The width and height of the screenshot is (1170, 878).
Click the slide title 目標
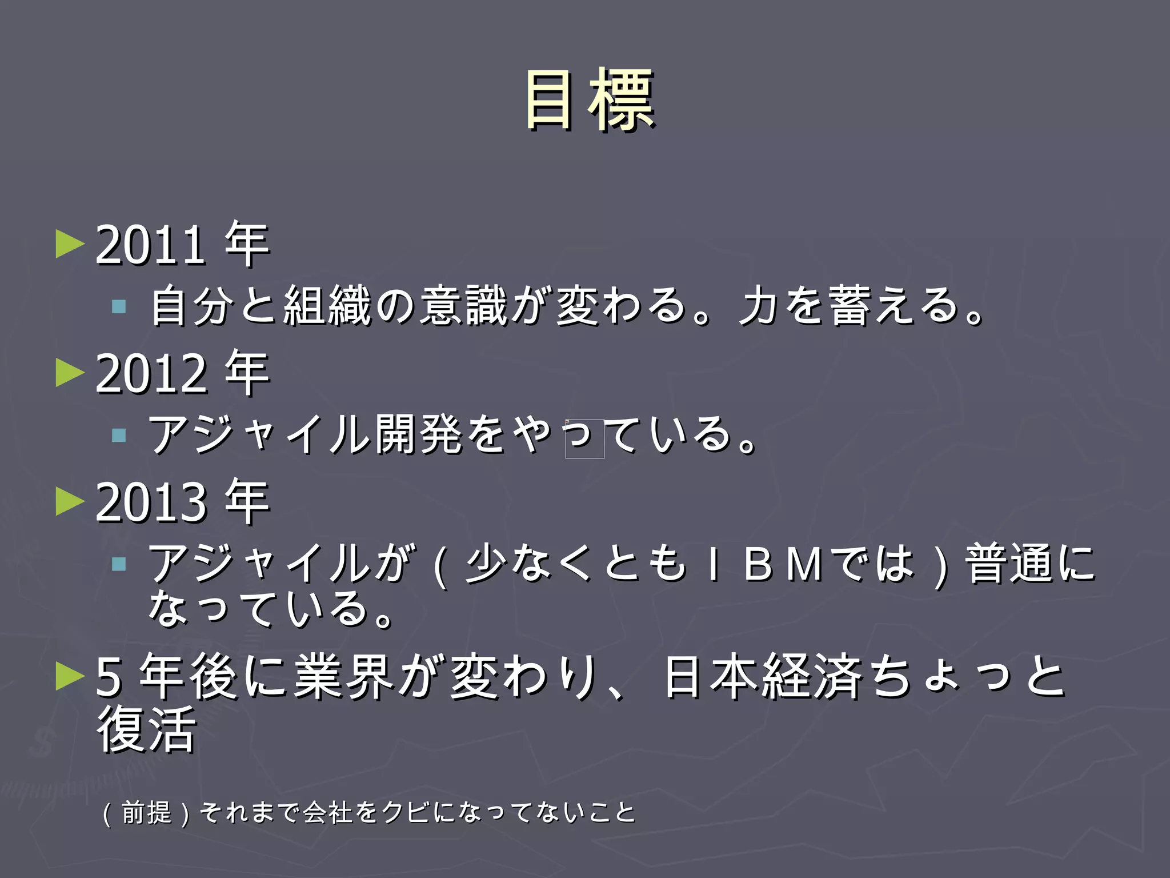point(590,100)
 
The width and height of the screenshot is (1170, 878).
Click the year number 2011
point(150,246)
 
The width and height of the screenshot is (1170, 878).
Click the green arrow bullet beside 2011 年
point(70,244)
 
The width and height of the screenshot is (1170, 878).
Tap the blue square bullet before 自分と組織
point(119,307)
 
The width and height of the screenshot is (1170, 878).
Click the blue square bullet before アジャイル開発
point(119,436)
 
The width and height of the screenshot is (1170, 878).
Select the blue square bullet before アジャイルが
point(119,565)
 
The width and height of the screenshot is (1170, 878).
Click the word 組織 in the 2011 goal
point(327,306)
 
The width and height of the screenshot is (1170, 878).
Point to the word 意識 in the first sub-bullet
point(463,306)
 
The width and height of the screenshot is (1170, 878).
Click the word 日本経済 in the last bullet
point(763,677)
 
